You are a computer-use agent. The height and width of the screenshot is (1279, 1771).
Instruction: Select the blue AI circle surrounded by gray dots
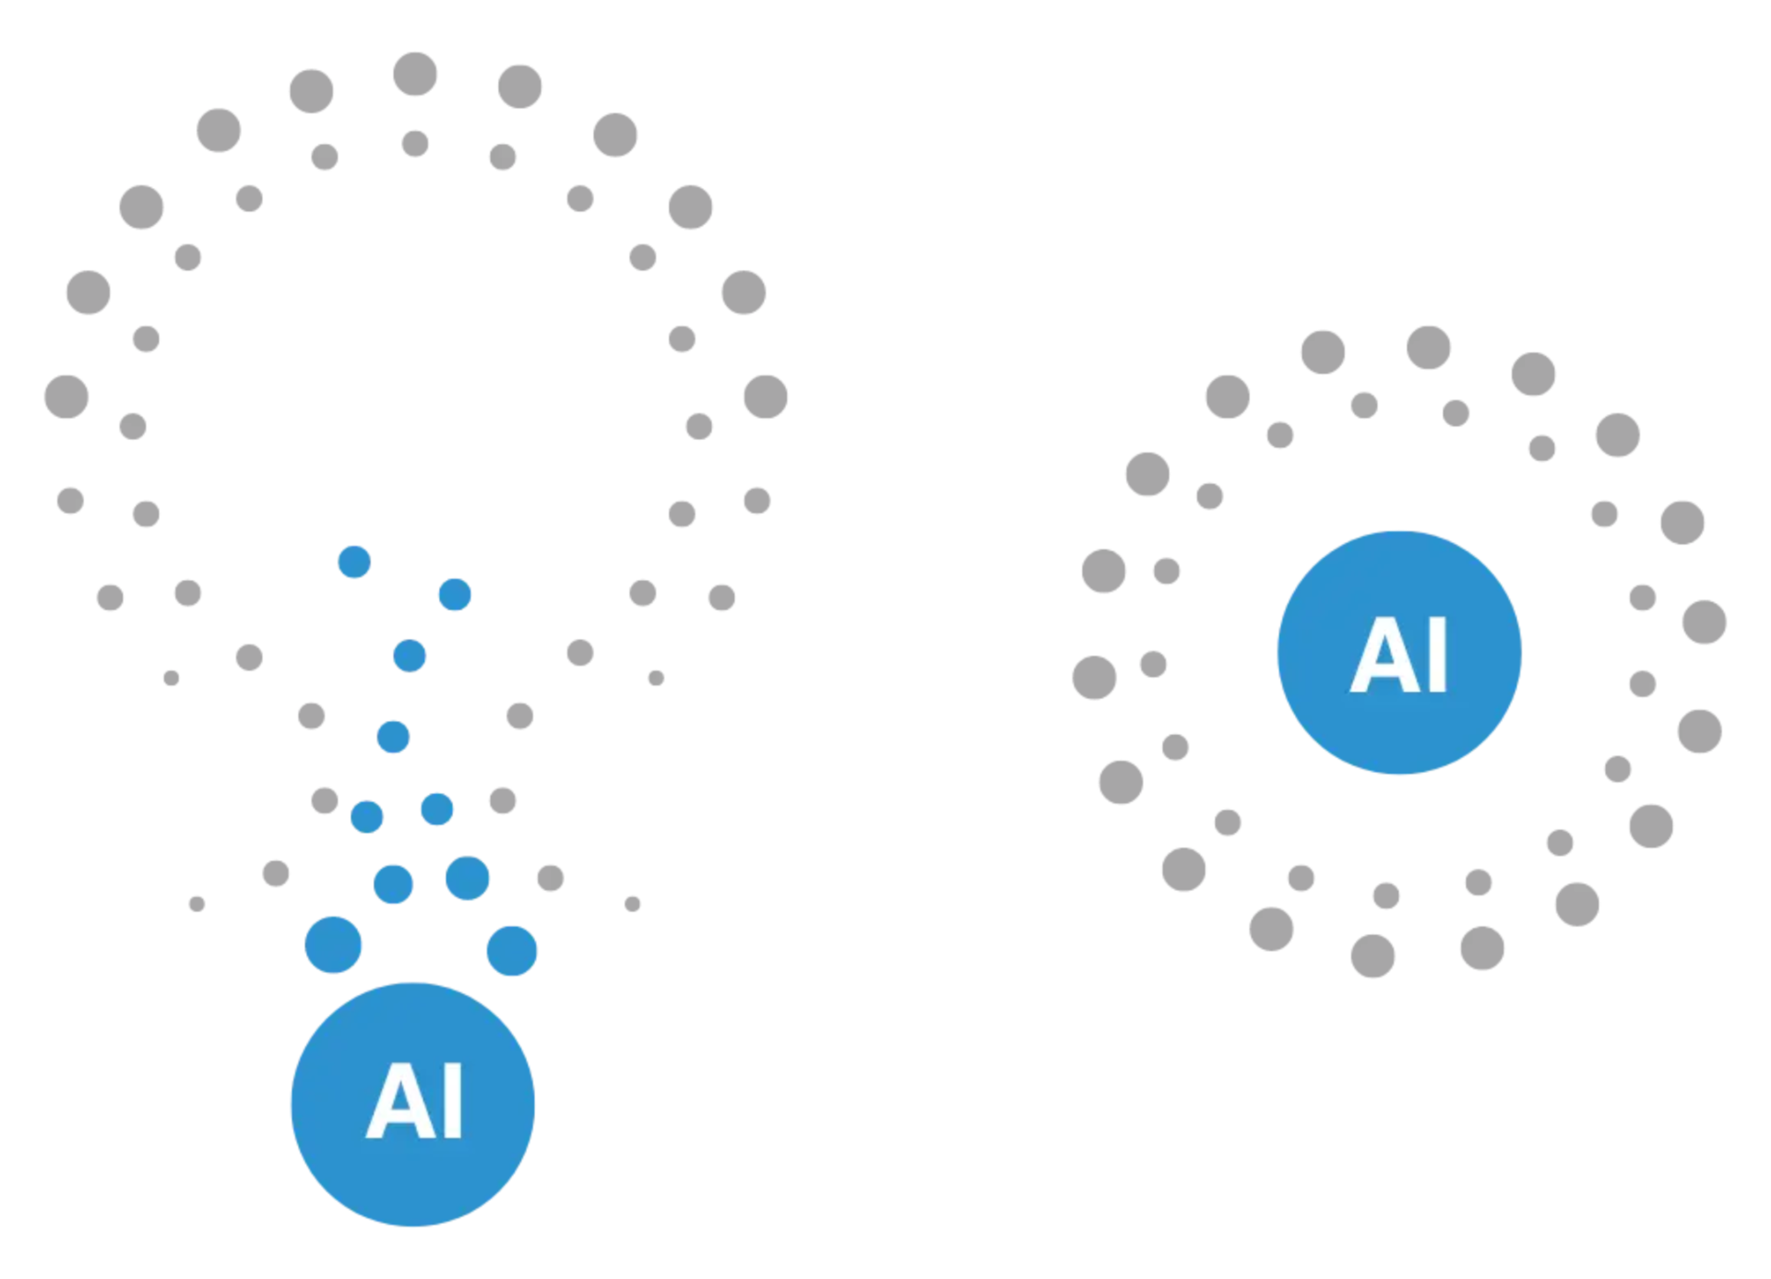pos(1399,653)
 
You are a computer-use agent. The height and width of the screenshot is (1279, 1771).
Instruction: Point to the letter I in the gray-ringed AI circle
pos(1439,655)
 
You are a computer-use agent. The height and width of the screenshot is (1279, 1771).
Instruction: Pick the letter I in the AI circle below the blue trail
pos(454,1100)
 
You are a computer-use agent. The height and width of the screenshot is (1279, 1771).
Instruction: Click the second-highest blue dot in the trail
pos(455,594)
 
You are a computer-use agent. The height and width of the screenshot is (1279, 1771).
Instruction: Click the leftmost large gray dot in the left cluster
pos(66,397)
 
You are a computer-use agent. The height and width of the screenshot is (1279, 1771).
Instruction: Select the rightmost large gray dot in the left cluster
pos(765,397)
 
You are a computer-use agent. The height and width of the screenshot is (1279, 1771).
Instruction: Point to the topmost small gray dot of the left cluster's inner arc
pos(414,143)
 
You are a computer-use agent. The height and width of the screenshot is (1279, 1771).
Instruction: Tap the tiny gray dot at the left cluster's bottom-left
pos(197,904)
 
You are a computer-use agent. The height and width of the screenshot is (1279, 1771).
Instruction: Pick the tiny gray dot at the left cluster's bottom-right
pos(632,904)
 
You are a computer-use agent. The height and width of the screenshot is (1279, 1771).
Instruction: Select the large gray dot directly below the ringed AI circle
pos(1373,956)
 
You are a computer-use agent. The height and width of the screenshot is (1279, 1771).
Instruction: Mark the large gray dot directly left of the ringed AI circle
pos(1094,677)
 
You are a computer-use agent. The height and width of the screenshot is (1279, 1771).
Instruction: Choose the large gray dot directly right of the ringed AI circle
pos(1704,621)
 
